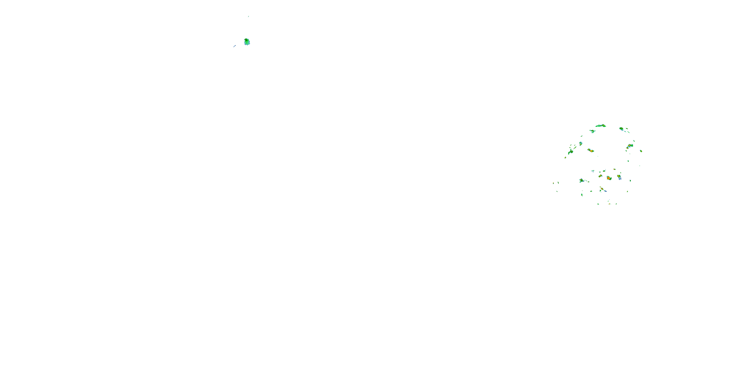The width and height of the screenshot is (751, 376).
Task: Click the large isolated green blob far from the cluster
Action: [x=247, y=42]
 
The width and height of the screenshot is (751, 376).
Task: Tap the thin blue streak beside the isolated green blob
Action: [x=234, y=46]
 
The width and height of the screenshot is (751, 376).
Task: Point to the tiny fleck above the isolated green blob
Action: [x=248, y=16]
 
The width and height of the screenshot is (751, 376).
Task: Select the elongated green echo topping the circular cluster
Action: [x=601, y=126]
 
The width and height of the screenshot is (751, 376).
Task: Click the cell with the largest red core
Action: [x=609, y=178]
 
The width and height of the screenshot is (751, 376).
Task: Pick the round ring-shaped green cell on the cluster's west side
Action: [x=572, y=151]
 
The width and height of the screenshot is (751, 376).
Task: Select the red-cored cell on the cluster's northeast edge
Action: [x=630, y=145]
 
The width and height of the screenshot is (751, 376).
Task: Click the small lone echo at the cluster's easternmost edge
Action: [x=641, y=151]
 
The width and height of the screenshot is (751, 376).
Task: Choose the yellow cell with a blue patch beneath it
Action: [x=619, y=177]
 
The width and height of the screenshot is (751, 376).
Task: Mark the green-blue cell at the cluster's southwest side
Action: [x=582, y=180]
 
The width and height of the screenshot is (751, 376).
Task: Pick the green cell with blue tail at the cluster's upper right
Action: [x=622, y=129]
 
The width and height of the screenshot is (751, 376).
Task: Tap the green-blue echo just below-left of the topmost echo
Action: [x=592, y=131]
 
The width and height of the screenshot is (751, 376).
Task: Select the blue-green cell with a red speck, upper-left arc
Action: [x=581, y=143]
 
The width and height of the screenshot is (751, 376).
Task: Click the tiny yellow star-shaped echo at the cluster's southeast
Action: [x=627, y=192]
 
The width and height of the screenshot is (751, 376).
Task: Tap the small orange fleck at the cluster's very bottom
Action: [x=609, y=204]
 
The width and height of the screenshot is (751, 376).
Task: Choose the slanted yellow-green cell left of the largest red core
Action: [x=600, y=176]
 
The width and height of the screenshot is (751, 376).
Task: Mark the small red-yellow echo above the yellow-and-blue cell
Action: [x=615, y=169]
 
